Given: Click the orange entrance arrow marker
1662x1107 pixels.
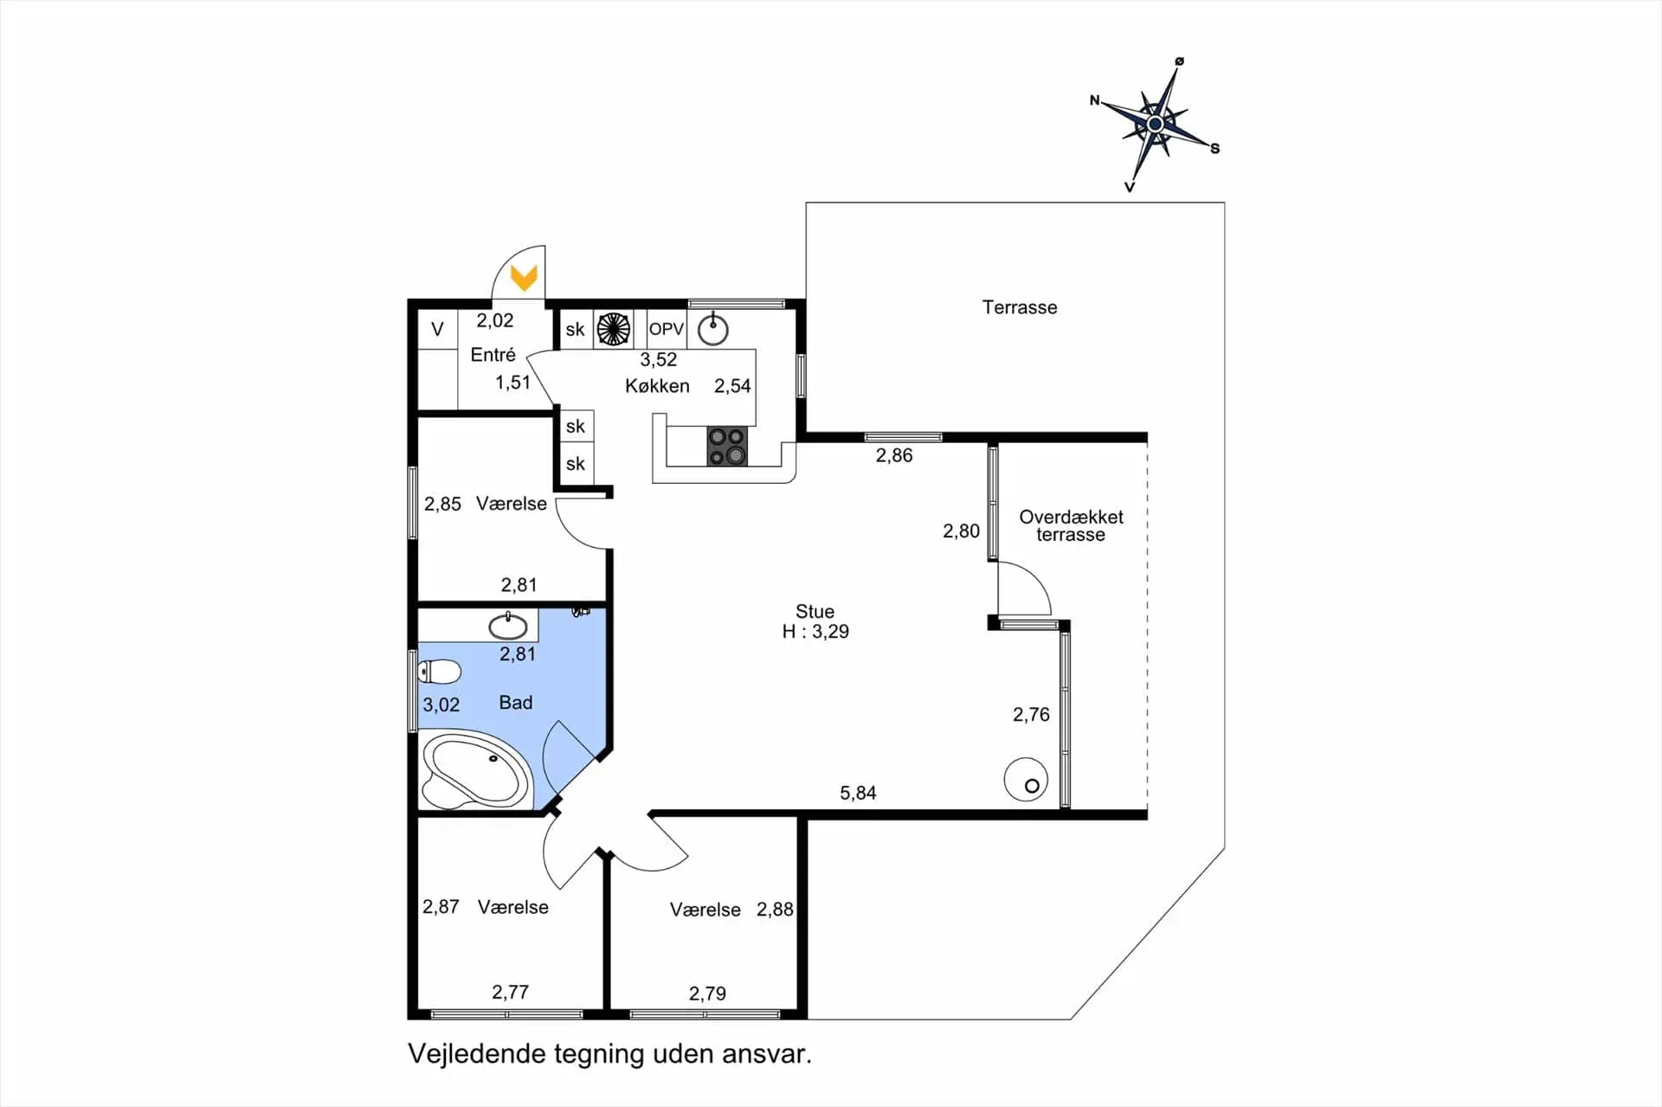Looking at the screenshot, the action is click(x=524, y=278).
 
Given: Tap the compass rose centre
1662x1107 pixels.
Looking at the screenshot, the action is click(x=1155, y=125).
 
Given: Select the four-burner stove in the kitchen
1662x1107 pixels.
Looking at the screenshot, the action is click(x=727, y=446).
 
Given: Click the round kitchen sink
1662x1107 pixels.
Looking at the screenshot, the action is click(x=713, y=329).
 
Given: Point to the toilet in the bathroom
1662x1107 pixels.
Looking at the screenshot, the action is click(x=440, y=672).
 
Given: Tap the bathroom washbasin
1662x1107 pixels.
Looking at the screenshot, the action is click(x=508, y=625).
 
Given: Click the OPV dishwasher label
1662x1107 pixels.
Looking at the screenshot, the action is click(x=667, y=329).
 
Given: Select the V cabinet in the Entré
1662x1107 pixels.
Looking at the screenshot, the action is click(x=438, y=329).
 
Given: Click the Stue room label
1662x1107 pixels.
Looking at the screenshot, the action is click(x=815, y=611).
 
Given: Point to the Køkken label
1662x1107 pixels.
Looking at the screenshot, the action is click(x=657, y=386).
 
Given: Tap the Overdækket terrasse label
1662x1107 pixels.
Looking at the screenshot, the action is click(x=1071, y=525).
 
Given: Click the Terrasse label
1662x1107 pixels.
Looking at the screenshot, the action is click(x=1020, y=307).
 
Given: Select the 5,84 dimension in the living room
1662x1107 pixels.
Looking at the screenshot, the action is click(x=858, y=793).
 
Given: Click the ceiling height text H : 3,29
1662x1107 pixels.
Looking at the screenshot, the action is click(x=815, y=632).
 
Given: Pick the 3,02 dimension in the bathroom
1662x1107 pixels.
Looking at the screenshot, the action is click(x=441, y=705).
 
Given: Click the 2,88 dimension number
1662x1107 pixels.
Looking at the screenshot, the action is click(x=775, y=909).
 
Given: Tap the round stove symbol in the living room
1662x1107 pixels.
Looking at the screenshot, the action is click(x=1027, y=779).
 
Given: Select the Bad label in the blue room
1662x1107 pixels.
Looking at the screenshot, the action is click(x=516, y=703).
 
